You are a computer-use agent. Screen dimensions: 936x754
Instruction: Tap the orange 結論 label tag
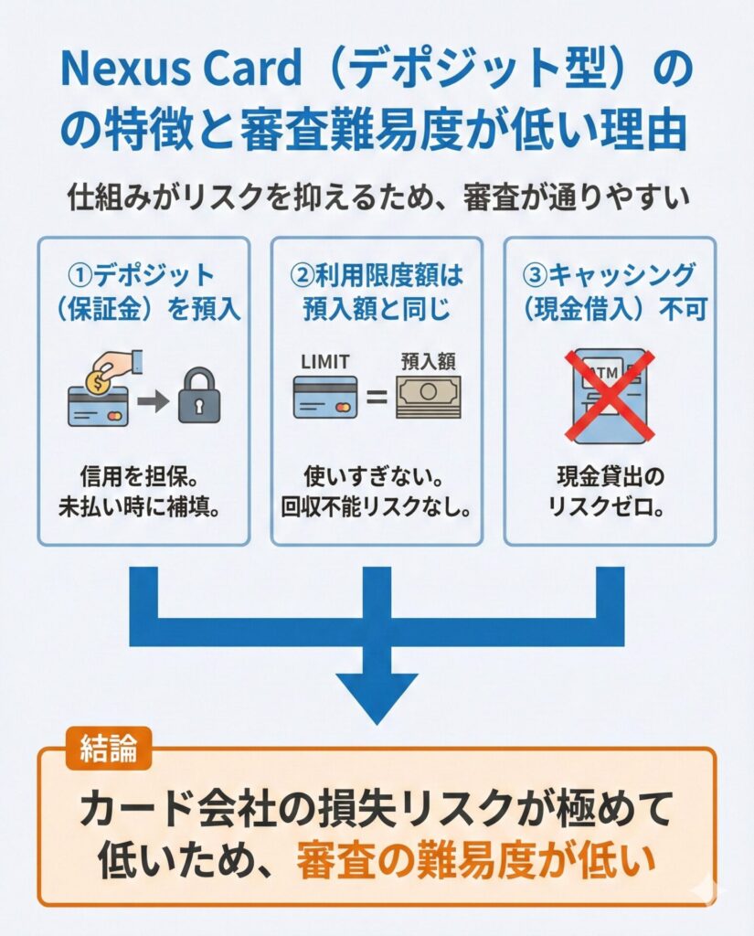click(x=109, y=749)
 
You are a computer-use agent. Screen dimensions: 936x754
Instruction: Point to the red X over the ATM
click(x=609, y=396)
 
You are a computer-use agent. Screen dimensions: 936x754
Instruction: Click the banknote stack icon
click(x=427, y=399)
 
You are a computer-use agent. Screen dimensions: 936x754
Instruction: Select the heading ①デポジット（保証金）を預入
click(x=143, y=292)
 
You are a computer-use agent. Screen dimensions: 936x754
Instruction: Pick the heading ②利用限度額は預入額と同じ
click(x=376, y=292)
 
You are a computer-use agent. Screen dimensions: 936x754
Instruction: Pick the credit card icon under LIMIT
click(x=324, y=399)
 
